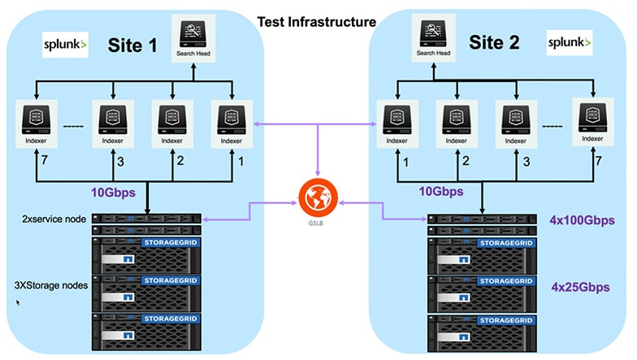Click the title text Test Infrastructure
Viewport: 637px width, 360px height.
[318, 22]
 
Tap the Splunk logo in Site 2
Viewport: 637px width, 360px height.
[570, 40]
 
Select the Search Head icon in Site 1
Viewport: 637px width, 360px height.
[193, 34]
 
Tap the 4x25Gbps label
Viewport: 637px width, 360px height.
[580, 287]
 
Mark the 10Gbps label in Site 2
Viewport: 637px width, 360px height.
[441, 193]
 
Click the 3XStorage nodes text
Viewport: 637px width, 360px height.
[51, 285]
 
